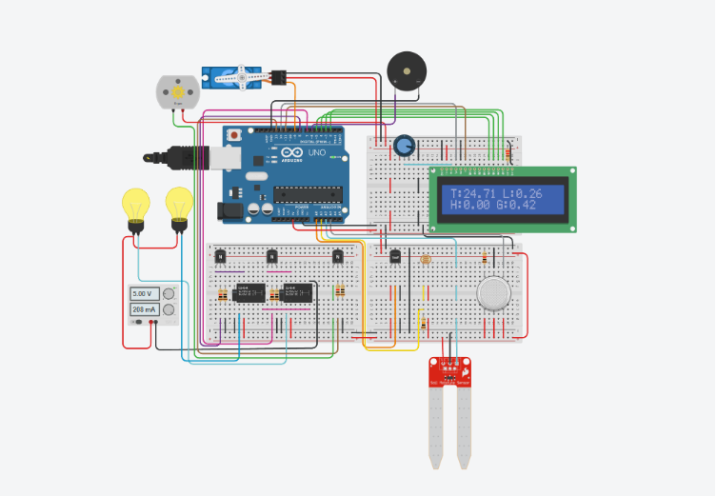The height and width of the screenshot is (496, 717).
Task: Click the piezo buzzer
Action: pos(407,71)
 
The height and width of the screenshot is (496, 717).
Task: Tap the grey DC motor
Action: pos(178,92)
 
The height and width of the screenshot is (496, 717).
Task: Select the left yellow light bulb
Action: pos(136,206)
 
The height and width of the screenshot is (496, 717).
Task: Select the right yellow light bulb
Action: pos(179,204)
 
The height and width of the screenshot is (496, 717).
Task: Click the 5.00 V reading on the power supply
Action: pos(144,294)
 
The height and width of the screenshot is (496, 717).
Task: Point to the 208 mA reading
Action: pos(145,310)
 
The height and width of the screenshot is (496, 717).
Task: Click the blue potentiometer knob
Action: pos(405,146)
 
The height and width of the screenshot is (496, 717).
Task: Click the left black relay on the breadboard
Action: pos(248,294)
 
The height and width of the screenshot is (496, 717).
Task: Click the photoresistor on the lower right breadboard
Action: pos(426,258)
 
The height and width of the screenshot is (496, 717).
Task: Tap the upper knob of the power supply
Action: pos(169,294)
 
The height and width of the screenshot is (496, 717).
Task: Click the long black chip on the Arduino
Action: pos(308,194)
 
